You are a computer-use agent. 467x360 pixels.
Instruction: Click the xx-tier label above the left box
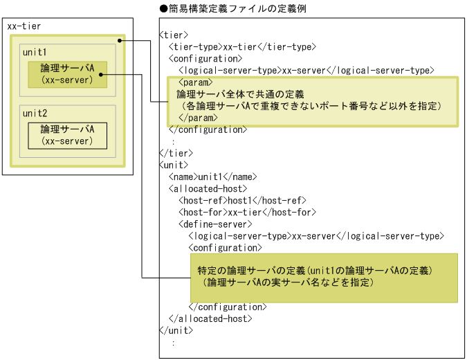24,26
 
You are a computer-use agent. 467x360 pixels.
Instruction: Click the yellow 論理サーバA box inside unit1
67,74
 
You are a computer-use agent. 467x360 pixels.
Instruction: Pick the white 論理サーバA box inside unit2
67,135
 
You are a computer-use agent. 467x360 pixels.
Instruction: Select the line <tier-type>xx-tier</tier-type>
242,46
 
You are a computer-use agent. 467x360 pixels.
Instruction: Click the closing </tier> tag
176,152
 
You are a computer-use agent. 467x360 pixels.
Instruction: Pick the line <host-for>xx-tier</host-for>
246,212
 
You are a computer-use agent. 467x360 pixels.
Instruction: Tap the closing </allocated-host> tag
210,318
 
